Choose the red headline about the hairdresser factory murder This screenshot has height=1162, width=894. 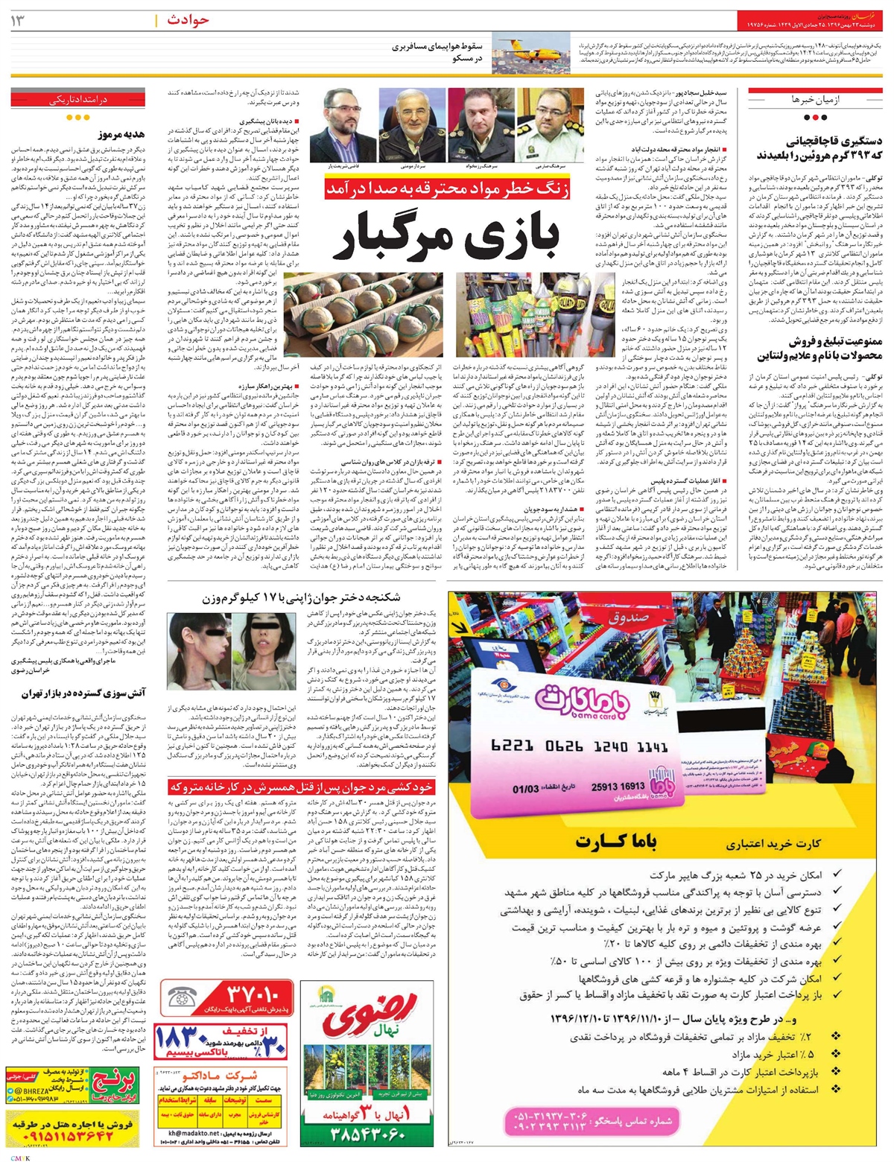[301, 786]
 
